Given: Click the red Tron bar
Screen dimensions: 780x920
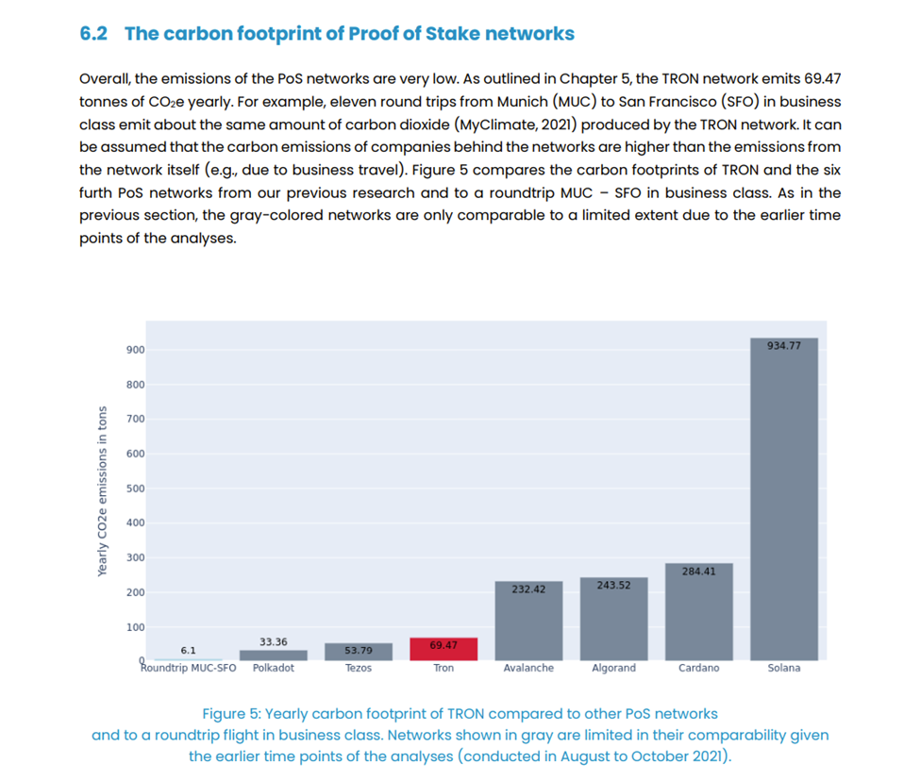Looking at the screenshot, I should [443, 649].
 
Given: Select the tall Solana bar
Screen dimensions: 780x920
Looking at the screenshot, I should [783, 500].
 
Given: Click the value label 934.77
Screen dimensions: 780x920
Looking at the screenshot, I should [783, 346].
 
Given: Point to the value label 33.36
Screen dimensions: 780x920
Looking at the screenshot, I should [274, 642].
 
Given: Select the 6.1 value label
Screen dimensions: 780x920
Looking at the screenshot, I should [188, 650].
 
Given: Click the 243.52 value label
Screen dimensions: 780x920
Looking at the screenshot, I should [613, 585].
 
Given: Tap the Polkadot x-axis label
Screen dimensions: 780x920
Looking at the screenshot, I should [274, 668].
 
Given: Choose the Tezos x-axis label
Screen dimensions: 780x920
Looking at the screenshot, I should [359, 668].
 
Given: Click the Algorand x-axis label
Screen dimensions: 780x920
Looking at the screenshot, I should [613, 668].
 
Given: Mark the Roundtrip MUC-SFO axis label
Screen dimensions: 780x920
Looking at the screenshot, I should [189, 668].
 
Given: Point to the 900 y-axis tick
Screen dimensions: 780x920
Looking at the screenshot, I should [135, 350].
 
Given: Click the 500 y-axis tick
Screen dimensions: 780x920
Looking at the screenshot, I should [135, 489].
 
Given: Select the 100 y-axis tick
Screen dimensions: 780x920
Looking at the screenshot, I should [135, 627].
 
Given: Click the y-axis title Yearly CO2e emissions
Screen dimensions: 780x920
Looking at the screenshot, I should [102, 490].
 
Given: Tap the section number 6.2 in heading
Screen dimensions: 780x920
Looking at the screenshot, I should [95, 34].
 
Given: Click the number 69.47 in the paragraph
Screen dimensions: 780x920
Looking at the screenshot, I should [821, 78].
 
